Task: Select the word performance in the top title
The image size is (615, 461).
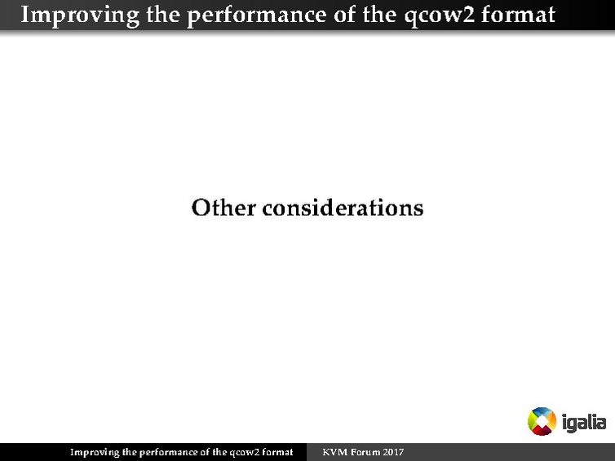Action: coord(236,15)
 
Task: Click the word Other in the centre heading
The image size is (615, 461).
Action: coord(223,208)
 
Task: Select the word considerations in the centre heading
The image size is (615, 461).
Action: coord(343,208)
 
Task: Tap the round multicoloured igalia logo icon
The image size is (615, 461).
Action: coord(542,421)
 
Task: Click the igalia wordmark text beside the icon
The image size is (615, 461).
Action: coord(584,422)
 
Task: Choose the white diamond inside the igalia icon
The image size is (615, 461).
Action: coord(542,421)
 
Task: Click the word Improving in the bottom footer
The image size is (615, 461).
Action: coord(94,452)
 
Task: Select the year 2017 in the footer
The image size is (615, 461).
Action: coord(392,452)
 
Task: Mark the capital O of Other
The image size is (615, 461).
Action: coord(201,208)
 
